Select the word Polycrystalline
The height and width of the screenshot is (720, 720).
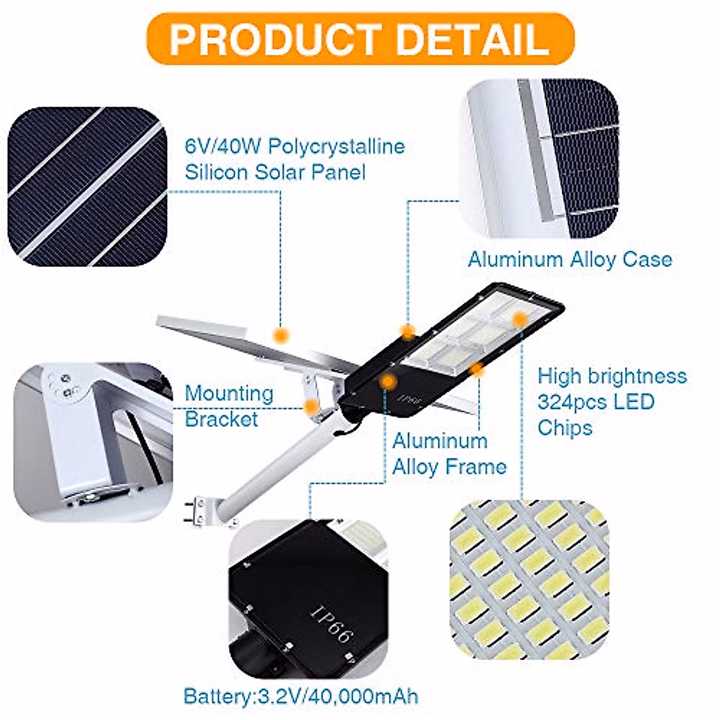(x=336, y=146)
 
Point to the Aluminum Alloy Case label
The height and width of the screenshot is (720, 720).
(x=569, y=259)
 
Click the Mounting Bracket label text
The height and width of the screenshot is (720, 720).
(x=229, y=406)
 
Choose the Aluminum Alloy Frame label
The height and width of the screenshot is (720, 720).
(x=449, y=454)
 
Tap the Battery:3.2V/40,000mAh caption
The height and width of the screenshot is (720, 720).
(x=300, y=697)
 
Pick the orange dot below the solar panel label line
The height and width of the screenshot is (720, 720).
(x=280, y=335)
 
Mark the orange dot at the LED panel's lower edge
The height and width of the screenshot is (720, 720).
(x=478, y=370)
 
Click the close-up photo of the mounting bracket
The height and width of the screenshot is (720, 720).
(x=93, y=441)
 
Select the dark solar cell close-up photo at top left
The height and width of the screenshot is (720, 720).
(x=87, y=186)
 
